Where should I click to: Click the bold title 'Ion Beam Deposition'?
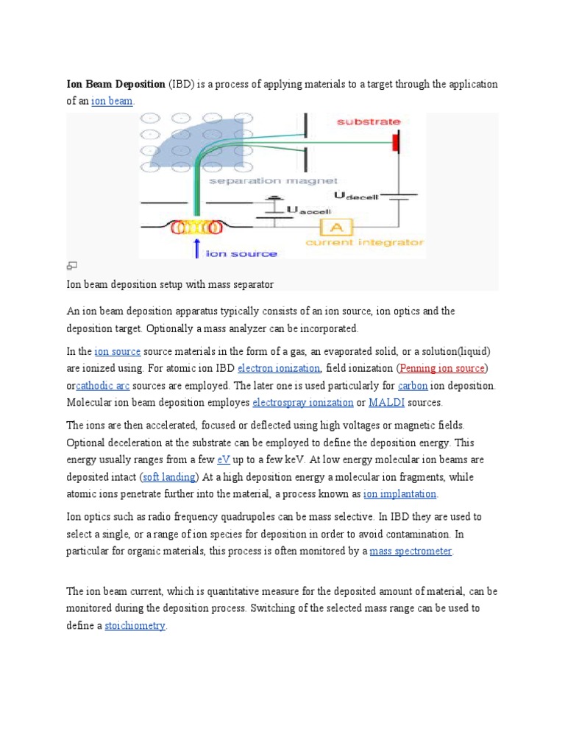pos(116,84)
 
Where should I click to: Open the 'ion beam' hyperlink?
pos(112,101)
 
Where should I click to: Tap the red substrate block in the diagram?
pos(396,141)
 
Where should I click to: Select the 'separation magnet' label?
pos(272,180)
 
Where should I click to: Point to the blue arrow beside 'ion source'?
pos(196,248)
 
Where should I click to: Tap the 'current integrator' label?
pos(365,242)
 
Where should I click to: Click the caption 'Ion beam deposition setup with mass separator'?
pos(170,283)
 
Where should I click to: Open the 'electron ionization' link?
pos(278,368)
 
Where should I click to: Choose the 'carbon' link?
pos(412,385)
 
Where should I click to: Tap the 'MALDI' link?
pos(385,403)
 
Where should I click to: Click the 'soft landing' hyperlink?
pos(169,476)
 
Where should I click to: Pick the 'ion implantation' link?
pos(399,493)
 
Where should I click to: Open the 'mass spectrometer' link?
pos(411,551)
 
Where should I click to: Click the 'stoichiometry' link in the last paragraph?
pos(135,626)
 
